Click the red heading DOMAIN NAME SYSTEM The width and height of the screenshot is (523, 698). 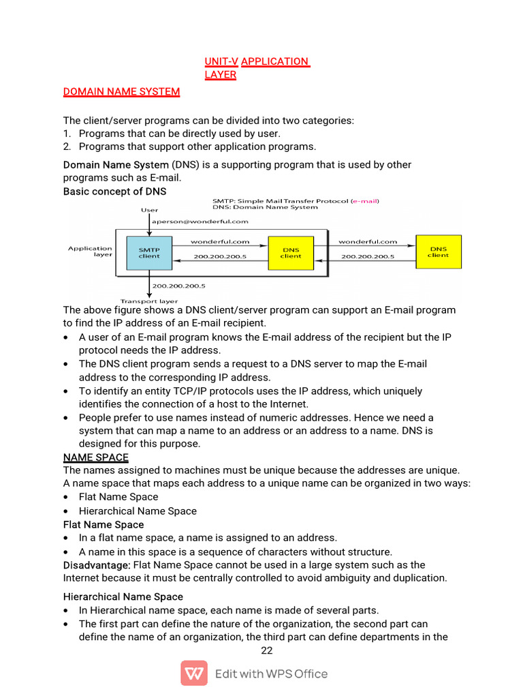[x=121, y=91]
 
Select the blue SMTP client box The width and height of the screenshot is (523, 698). [x=149, y=252]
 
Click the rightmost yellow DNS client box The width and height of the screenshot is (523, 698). [x=438, y=252]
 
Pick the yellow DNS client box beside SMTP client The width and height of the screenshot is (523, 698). [x=291, y=252]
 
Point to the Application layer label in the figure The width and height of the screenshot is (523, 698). [x=90, y=252]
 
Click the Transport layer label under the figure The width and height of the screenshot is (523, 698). [x=149, y=301]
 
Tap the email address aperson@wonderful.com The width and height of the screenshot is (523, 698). [x=190, y=221]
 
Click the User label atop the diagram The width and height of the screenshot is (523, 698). [x=149, y=210]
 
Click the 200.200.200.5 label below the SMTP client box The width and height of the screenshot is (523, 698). [x=178, y=286]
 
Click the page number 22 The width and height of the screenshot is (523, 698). [x=267, y=650]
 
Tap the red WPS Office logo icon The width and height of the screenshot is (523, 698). [x=194, y=673]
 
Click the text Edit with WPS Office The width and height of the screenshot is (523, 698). [x=271, y=674]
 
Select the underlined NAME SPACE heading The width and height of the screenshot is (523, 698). [x=96, y=457]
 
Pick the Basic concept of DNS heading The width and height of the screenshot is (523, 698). [x=114, y=192]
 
